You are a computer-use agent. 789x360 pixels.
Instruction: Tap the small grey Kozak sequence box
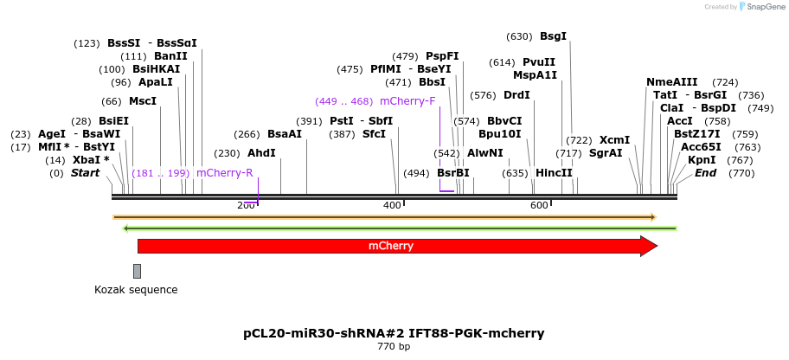click(x=137, y=271)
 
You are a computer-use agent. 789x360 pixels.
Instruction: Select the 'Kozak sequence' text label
click(x=136, y=289)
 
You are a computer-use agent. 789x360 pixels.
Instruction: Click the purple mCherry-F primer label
click(x=407, y=100)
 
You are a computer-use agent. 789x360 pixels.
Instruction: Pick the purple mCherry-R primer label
click(x=224, y=173)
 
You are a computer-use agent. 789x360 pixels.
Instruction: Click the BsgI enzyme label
click(x=553, y=36)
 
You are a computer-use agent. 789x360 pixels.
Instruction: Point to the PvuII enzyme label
click(x=539, y=62)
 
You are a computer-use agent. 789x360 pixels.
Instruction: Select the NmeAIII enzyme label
click(x=671, y=82)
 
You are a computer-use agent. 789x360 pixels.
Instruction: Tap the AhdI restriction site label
click(x=261, y=153)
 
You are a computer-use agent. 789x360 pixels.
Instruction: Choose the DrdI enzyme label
click(x=516, y=95)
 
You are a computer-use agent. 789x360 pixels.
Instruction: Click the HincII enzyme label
click(x=554, y=173)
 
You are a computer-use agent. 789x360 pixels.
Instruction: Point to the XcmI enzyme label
click(x=614, y=140)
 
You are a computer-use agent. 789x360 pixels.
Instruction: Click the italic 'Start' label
click(x=86, y=173)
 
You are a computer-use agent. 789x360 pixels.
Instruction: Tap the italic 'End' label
click(x=705, y=173)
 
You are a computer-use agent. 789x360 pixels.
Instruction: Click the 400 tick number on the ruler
click(x=392, y=205)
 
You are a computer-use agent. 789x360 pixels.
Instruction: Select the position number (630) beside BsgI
click(x=519, y=36)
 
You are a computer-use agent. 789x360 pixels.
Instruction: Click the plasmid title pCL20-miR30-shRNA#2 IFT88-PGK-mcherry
click(x=394, y=332)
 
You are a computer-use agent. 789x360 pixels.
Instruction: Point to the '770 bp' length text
click(x=394, y=347)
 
